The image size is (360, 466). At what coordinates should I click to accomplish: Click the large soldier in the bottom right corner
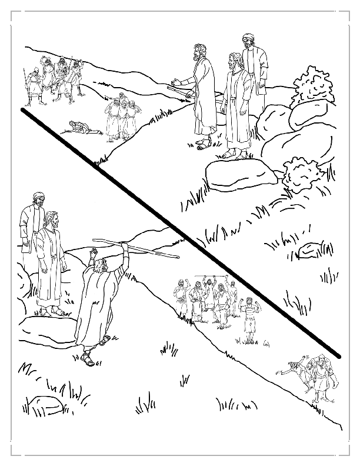tap(317, 377)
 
